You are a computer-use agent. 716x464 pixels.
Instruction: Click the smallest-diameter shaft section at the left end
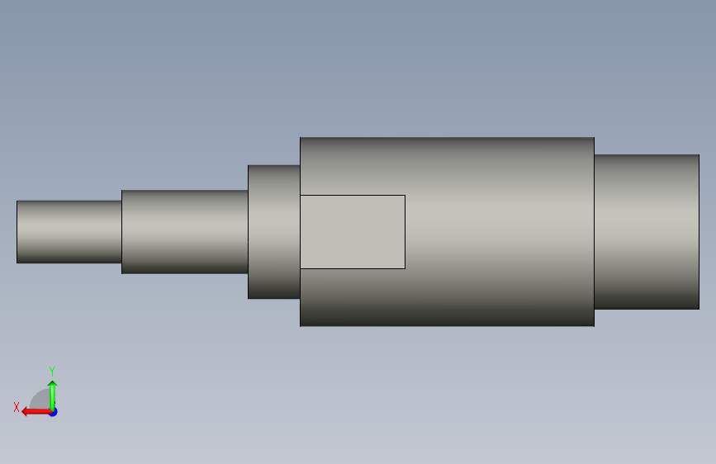coord(69,231)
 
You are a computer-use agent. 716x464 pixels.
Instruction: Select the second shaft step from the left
coord(185,231)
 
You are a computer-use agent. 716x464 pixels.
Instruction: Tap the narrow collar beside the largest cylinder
coord(274,231)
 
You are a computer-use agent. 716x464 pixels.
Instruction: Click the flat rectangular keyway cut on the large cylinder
coord(353,231)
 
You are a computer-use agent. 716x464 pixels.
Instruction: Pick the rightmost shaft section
coord(647,231)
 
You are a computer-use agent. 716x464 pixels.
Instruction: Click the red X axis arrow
coord(36,412)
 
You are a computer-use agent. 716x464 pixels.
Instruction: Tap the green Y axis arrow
coord(53,396)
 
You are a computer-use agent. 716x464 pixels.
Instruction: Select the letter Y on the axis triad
coord(52,371)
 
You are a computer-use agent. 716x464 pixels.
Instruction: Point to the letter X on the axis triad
coord(17,407)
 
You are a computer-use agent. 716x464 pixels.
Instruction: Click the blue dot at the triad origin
coord(54,412)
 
